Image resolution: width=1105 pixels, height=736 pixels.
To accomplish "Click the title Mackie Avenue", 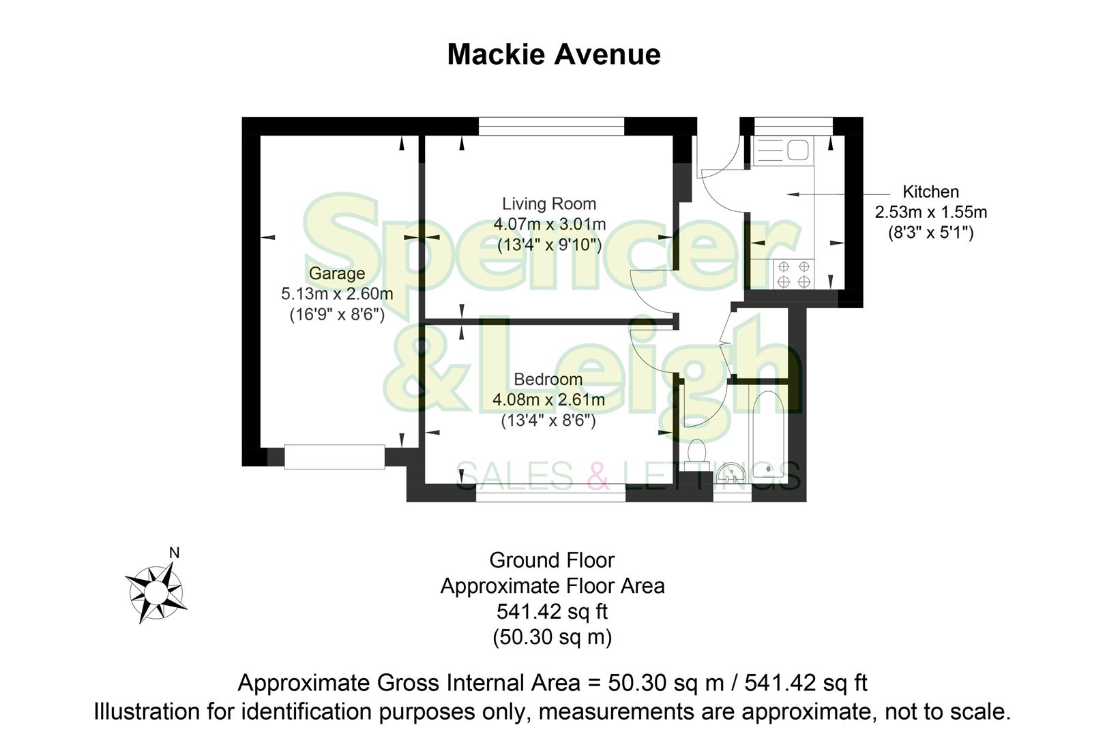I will tap(553, 55).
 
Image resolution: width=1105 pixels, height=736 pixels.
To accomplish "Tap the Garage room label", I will tap(336, 273).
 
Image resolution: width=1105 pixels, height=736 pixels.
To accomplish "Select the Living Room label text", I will tap(549, 203).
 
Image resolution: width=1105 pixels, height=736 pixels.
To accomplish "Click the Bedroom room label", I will tap(548, 379).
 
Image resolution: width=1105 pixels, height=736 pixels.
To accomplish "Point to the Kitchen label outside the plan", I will tap(930, 191).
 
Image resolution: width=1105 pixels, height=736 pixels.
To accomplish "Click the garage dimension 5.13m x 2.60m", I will tap(337, 294).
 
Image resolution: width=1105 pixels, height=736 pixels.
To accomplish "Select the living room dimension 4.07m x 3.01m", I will tap(549, 224).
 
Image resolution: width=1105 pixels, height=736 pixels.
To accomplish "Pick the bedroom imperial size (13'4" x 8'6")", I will tap(548, 421).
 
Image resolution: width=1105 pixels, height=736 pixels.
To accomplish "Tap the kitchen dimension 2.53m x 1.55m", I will tap(930, 212).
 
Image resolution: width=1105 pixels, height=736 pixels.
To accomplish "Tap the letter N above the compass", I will tap(174, 553).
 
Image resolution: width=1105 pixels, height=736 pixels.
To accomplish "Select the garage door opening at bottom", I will tap(334, 457).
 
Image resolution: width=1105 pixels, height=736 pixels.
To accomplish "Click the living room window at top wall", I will tap(551, 126).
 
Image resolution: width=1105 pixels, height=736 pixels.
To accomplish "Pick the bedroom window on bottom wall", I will tap(550, 493).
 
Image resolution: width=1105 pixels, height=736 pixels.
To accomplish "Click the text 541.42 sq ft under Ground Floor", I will tap(552, 611).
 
